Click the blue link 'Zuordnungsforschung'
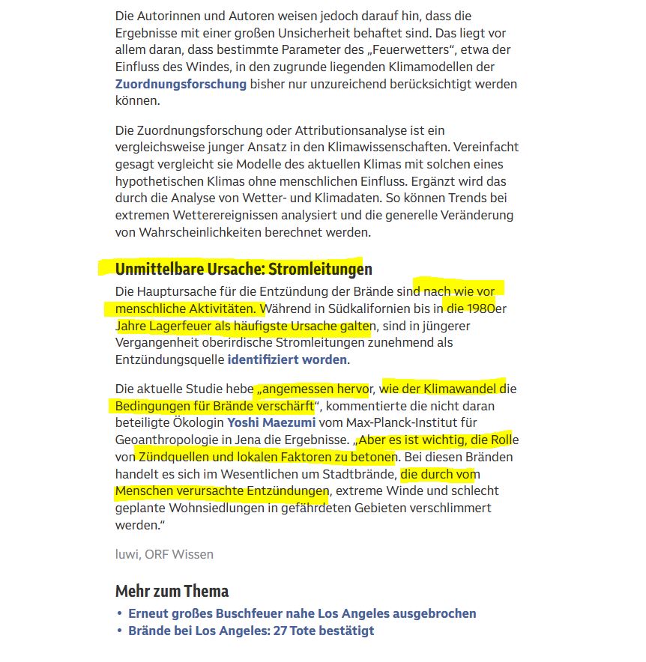(x=181, y=84)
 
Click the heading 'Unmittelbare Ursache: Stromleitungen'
(x=244, y=269)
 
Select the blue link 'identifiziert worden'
(x=287, y=359)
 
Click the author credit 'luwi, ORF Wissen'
(x=164, y=554)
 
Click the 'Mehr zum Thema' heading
(x=172, y=591)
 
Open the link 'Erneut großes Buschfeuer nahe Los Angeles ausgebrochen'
(x=302, y=613)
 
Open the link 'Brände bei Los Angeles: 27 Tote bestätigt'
(x=251, y=631)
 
